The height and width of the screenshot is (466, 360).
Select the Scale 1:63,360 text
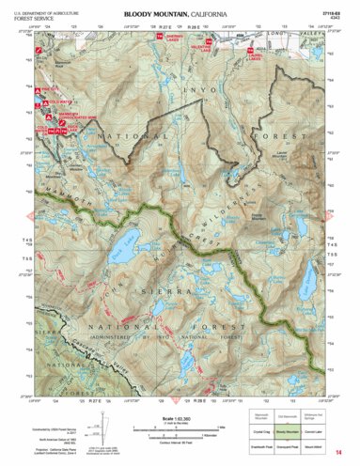pos(179,417)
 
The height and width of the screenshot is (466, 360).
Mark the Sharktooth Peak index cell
pos(266,448)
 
